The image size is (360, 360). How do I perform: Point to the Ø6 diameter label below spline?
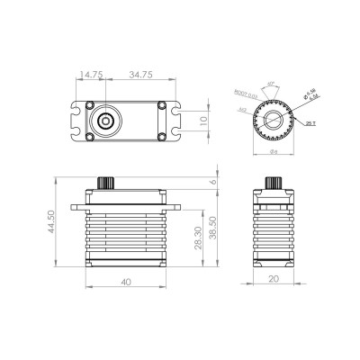270,151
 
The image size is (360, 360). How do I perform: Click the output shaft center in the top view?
106,119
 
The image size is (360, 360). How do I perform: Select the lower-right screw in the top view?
161,136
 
